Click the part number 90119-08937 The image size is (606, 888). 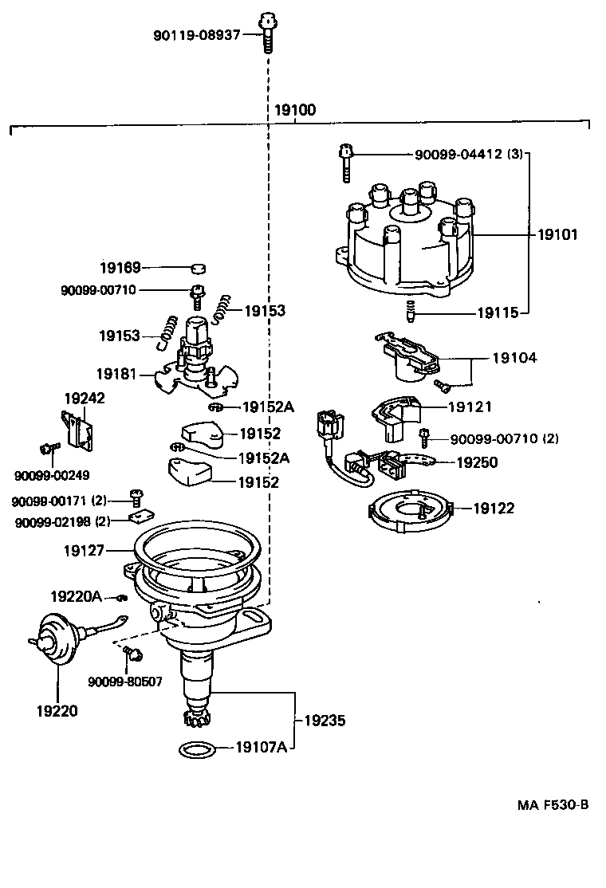point(196,35)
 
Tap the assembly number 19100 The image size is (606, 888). point(295,111)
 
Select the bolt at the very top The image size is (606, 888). point(267,31)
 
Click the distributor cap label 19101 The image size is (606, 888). point(557,235)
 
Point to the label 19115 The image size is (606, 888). point(498,313)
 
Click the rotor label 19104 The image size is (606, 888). point(514,358)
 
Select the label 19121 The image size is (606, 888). point(470,407)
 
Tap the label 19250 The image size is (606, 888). point(478,462)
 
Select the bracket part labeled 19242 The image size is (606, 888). point(79,428)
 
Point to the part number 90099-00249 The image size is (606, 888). point(52,476)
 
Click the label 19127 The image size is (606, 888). point(85,549)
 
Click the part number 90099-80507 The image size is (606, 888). point(125,682)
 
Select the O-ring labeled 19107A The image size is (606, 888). point(194,749)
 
